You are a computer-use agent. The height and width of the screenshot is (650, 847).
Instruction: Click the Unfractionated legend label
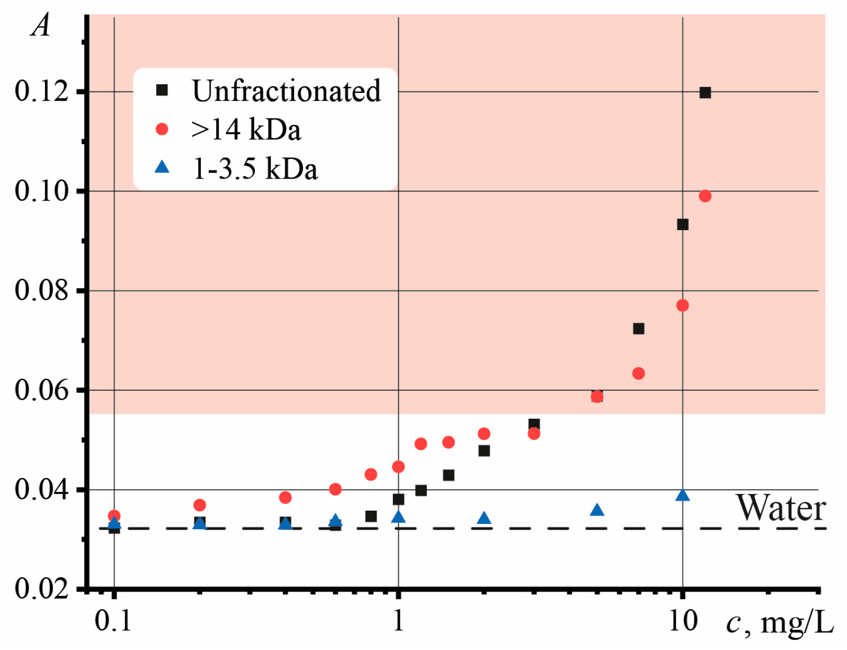(286, 91)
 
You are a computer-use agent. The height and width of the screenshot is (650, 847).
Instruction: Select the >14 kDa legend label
(246, 129)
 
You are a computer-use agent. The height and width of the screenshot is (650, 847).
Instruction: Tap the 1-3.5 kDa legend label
(255, 169)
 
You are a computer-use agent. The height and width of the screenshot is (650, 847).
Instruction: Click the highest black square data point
(705, 92)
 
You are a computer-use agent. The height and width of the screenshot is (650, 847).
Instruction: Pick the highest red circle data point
(705, 196)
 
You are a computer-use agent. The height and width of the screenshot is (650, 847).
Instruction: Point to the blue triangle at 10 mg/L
(683, 495)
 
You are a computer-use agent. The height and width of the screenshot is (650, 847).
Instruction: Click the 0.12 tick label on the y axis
(42, 91)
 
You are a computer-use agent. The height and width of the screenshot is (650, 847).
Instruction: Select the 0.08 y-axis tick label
(42, 290)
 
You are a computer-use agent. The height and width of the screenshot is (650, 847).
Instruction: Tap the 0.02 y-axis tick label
(42, 588)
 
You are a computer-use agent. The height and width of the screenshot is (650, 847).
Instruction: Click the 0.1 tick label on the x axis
(113, 621)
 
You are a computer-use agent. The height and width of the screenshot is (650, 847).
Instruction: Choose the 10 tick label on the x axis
(683, 621)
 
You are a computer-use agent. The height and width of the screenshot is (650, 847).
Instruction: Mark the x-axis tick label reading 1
(398, 621)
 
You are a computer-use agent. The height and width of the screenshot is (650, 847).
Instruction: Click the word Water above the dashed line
(780, 508)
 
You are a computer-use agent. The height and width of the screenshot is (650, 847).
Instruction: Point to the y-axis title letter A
(41, 25)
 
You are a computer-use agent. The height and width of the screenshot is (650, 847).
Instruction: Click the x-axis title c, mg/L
(779, 622)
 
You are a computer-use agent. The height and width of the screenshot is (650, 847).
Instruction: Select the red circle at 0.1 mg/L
(114, 516)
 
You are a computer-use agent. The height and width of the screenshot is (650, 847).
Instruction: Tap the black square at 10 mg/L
(683, 224)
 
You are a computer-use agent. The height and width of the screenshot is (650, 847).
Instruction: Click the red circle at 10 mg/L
(683, 305)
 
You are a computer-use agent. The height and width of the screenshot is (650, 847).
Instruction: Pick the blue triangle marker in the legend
(162, 167)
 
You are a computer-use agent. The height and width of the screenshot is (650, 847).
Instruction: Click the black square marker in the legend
(162, 90)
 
